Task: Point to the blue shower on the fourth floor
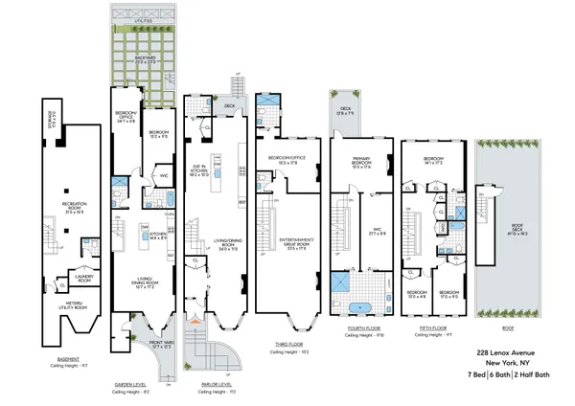tap(340, 283)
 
